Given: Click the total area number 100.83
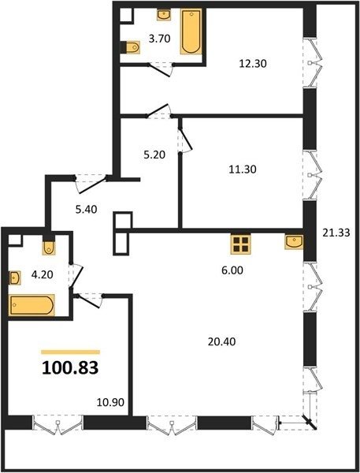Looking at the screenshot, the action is [70, 367].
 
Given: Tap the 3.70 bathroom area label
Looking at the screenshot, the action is [160, 39].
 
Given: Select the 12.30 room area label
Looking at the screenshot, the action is [253, 64].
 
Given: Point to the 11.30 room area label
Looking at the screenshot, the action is [243, 169].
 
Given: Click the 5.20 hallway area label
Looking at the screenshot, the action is [154, 155].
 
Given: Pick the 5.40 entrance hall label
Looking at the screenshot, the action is [86, 209].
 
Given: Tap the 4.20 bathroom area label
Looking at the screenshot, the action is [43, 274].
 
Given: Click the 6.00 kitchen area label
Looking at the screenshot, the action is [232, 270].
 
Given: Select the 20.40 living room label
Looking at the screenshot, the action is [222, 342].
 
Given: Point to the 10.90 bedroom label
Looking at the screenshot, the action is [110, 402].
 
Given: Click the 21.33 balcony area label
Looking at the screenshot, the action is [336, 233].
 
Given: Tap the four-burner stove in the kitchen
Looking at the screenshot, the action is [240, 244].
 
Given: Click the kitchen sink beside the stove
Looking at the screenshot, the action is [294, 242].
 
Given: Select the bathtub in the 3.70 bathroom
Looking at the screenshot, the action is [191, 32].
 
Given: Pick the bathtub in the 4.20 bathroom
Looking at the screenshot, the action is [32, 305].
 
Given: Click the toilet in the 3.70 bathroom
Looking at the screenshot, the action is [131, 47].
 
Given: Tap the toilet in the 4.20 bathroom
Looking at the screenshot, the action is [49, 245].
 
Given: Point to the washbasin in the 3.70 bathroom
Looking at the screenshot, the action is [164, 14].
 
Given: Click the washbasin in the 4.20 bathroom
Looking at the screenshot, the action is [14, 277].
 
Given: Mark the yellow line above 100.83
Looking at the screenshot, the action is [70, 352].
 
